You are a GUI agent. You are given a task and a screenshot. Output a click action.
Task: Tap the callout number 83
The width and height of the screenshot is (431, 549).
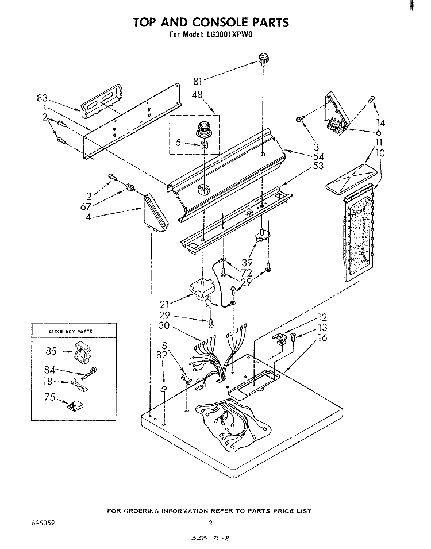[x=42, y=98]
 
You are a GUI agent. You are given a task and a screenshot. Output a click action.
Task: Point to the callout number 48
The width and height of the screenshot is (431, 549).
[x=198, y=94]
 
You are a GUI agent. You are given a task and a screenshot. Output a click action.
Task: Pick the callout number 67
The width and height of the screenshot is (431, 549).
[x=86, y=207]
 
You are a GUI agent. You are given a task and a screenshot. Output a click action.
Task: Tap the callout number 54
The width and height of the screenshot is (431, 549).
[x=318, y=156]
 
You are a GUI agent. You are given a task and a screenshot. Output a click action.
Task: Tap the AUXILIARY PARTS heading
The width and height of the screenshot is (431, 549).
[x=70, y=331]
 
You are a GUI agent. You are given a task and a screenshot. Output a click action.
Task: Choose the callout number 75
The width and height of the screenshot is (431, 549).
[x=51, y=397]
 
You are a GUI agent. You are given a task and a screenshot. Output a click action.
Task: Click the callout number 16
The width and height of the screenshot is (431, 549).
[x=322, y=337]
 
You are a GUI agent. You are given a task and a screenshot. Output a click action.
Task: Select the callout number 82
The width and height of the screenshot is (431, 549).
[x=162, y=355]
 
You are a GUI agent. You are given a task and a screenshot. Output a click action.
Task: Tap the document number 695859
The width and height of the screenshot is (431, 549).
[x=44, y=524]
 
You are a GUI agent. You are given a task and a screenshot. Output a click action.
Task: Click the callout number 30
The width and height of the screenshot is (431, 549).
[x=164, y=325]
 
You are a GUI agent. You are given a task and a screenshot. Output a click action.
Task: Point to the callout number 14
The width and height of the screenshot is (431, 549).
[x=380, y=122]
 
